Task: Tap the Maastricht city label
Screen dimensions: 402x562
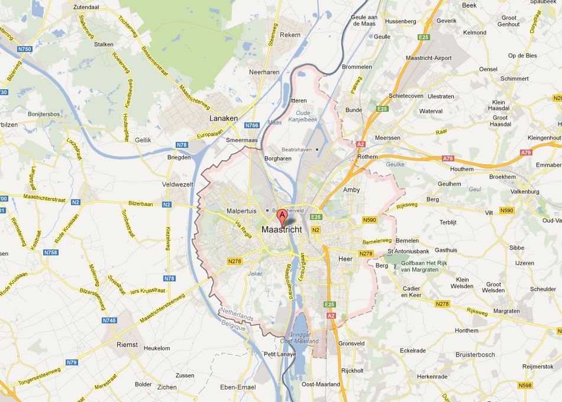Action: coord(282,229)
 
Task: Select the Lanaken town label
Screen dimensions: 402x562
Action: coord(224,118)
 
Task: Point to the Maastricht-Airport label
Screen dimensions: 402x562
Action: coord(429,58)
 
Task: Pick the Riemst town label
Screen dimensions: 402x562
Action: coord(127,344)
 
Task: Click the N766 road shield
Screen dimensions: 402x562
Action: coord(253,125)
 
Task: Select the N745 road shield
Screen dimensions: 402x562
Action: coord(109,320)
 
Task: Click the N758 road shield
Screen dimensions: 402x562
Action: coord(51,252)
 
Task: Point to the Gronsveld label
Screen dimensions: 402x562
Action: coord(351,343)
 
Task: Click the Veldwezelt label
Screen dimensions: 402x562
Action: coord(177,184)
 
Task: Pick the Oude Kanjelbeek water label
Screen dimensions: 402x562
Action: coord(303,115)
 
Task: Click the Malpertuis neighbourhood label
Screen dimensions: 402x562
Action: coord(241,210)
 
